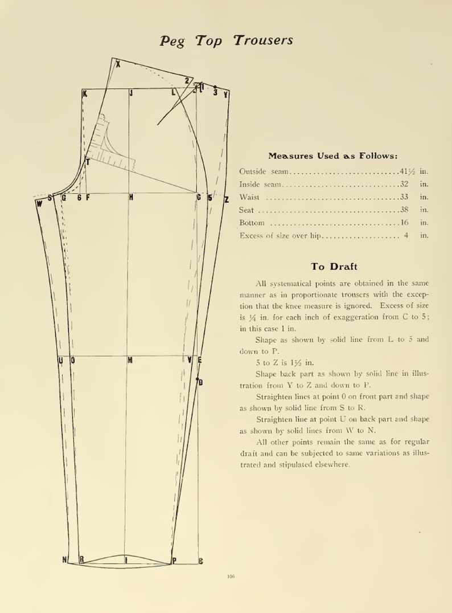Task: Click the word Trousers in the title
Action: [x=263, y=40]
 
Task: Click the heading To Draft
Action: [x=334, y=266]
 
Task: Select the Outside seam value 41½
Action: [x=408, y=171]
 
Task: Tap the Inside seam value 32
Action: [x=405, y=184]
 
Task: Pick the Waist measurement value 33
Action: [x=405, y=197]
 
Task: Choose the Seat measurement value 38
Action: [x=405, y=210]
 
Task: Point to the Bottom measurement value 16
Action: [x=405, y=223]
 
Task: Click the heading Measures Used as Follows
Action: [x=333, y=156]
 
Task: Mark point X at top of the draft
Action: [x=118, y=64]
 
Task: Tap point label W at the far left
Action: [x=39, y=203]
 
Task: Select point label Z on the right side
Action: [x=226, y=199]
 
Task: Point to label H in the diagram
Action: [x=131, y=198]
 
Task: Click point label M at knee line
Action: [x=130, y=360]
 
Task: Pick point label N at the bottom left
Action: [x=65, y=559]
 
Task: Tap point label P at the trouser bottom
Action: [x=174, y=561]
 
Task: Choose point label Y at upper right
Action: [x=226, y=95]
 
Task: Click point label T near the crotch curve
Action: [x=88, y=162]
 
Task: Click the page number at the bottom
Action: [x=231, y=577]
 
